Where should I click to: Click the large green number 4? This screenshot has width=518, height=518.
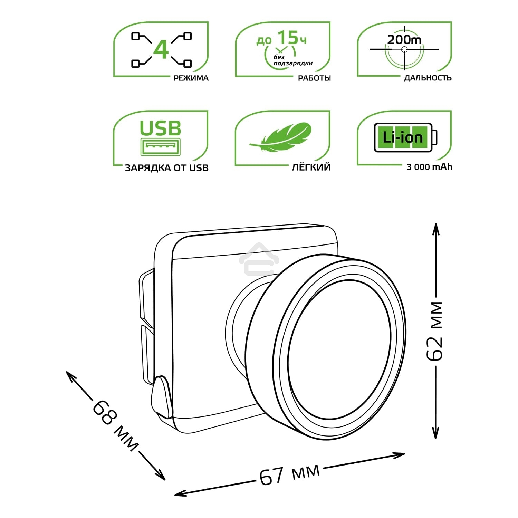coord(161,50)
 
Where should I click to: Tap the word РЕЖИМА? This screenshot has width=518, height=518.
coord(191,78)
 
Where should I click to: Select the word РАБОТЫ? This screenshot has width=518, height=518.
coord(314,78)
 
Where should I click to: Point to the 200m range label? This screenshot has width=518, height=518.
coord(404,40)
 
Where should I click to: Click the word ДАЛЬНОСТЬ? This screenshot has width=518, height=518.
coord(428,78)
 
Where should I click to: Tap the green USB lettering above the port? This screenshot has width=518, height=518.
coord(160,128)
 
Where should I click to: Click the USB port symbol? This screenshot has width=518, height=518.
coord(161,146)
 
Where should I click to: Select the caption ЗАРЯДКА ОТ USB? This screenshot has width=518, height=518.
coord(166,168)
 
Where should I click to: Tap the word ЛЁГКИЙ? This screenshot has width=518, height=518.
coord(311,167)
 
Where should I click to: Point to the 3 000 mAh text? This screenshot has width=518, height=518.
coord(429,167)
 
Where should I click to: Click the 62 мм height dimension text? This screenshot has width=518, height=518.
coord(435,331)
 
